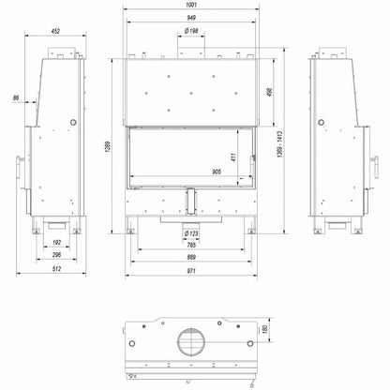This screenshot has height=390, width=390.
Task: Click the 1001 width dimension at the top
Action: (x=191, y=5)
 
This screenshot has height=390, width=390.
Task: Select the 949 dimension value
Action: (x=191, y=18)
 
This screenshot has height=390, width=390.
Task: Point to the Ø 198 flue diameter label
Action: (x=191, y=31)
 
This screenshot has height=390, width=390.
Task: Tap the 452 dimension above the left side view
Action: (x=55, y=31)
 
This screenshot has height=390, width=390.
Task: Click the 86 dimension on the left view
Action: (x=16, y=97)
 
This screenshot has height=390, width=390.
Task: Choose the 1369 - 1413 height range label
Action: (x=279, y=144)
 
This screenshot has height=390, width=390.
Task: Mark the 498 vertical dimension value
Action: (x=270, y=92)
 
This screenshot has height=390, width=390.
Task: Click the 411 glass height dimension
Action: (x=233, y=157)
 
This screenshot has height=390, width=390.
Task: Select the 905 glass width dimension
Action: (x=217, y=172)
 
